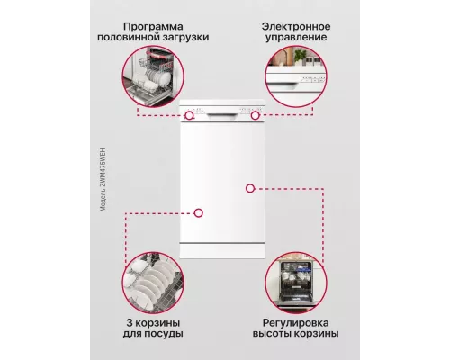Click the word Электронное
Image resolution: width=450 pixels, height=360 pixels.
click(x=297, y=26)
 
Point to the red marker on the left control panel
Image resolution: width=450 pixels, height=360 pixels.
click(x=190, y=116)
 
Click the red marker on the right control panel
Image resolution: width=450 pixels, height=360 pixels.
click(x=255, y=116)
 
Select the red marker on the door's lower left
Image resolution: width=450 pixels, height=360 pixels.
click(x=199, y=213)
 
